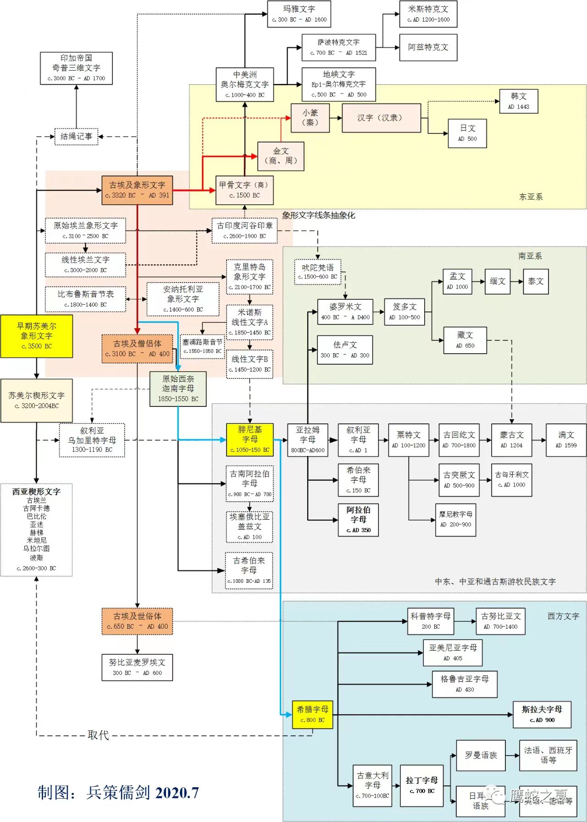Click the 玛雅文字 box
pyautogui.click(x=299, y=14)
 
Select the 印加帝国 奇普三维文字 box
pyautogui.click(x=76, y=68)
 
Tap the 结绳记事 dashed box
pyautogui.click(x=76, y=136)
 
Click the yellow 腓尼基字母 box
pyautogui.click(x=250, y=439)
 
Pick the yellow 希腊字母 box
pyautogui.click(x=312, y=714)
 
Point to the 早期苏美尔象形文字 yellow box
pyautogui.click(x=37, y=336)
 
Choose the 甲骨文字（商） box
pyautogui.click(x=244, y=190)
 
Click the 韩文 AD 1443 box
pyautogui.click(x=518, y=101)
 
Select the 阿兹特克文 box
pyautogui.click(x=428, y=47)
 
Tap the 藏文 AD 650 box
pyautogui.click(x=465, y=340)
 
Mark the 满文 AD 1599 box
pyautogui.click(x=566, y=440)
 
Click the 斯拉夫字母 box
pyautogui.click(x=542, y=714)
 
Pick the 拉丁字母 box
pyautogui.click(x=421, y=785)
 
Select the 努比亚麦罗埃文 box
pyautogui.click(x=137, y=667)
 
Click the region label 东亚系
pyautogui.click(x=531, y=197)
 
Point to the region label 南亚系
pyautogui.click(x=530, y=256)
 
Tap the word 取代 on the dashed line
pyautogui.click(x=98, y=735)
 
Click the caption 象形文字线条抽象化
pyautogui.click(x=318, y=215)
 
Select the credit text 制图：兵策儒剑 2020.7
pyautogui.click(x=118, y=792)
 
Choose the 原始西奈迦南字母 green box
pyautogui.click(x=178, y=389)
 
